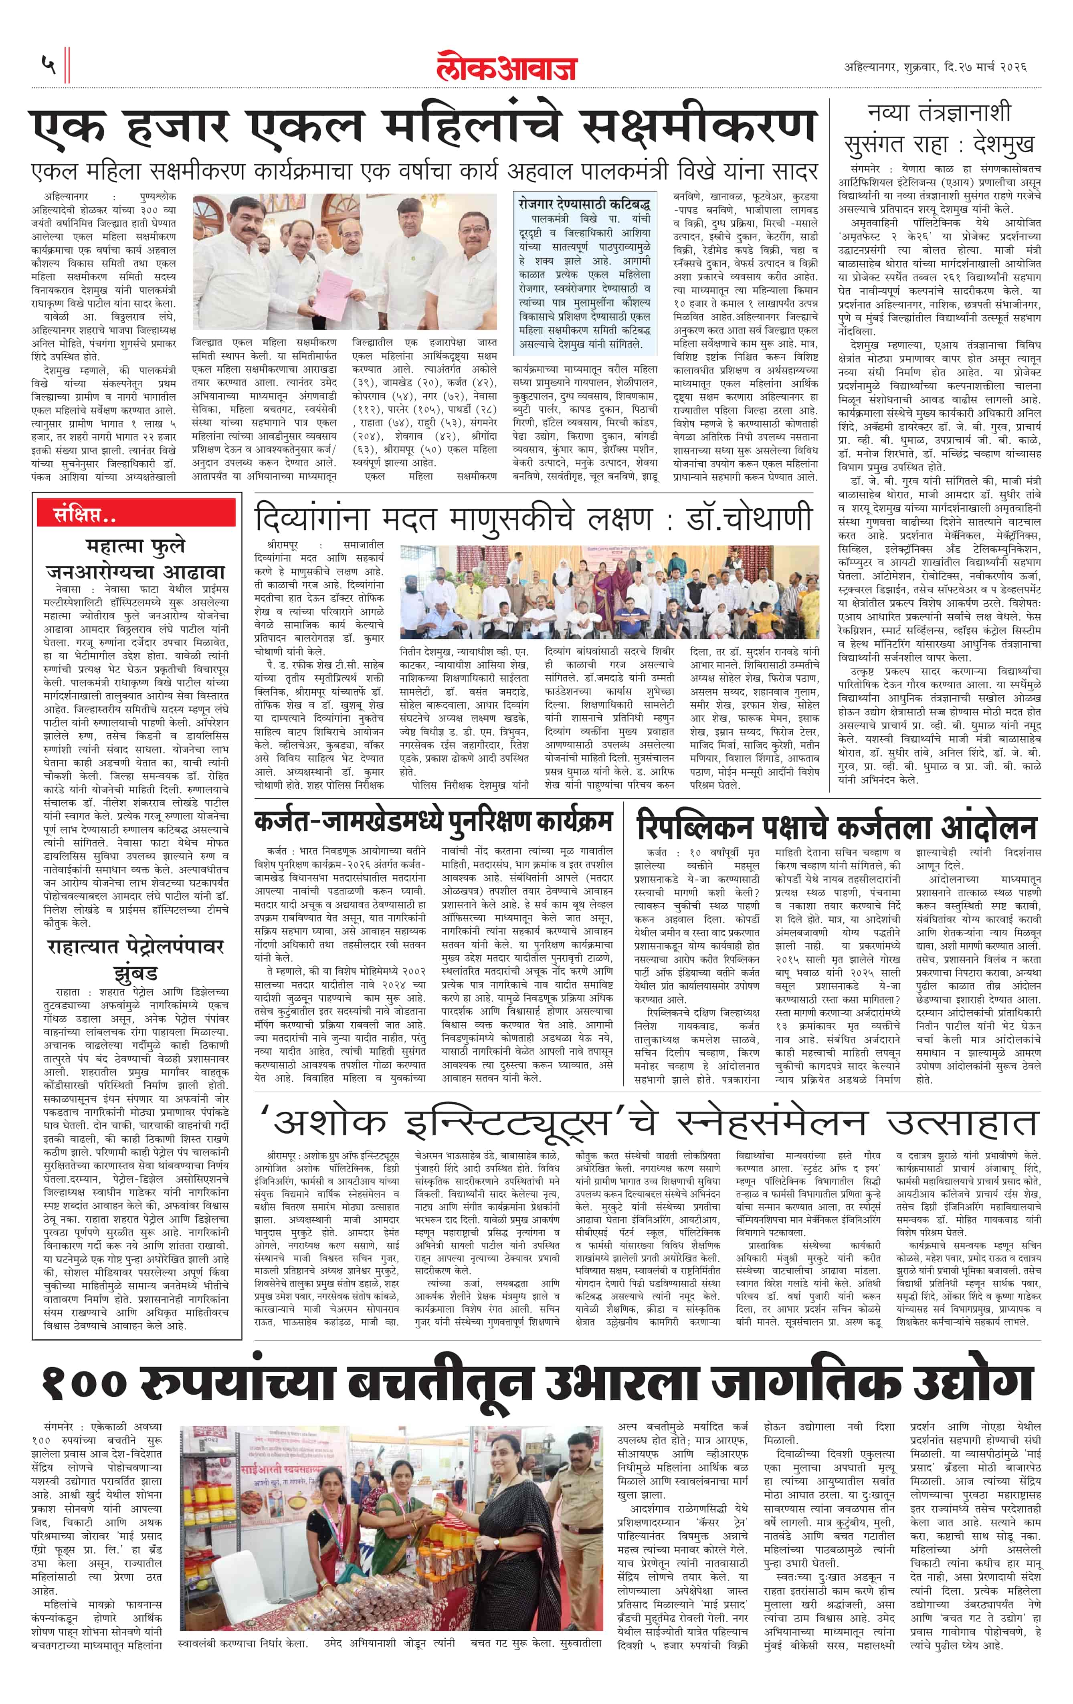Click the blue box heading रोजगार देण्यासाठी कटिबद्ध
(x=583, y=204)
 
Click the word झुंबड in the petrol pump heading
(x=135, y=971)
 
